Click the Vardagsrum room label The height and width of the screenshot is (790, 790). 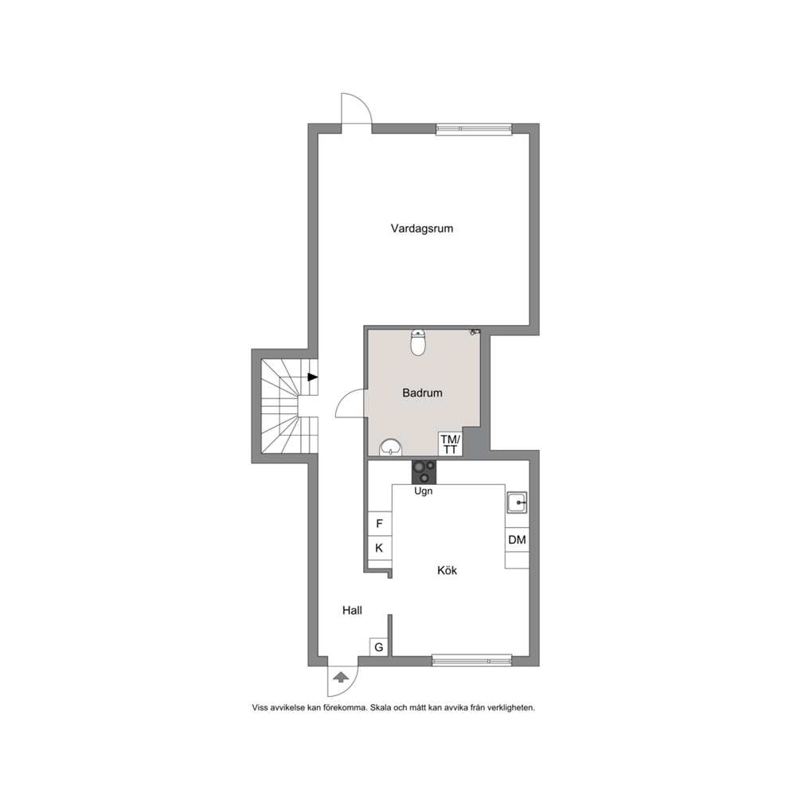point(422,229)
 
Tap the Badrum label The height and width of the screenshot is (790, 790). point(422,393)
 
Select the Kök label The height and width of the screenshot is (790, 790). point(447,570)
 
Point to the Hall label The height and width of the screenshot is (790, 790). point(352,611)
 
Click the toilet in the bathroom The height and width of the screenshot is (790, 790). point(418,342)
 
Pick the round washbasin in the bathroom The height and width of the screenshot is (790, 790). point(391,448)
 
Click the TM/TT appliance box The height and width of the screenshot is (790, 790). point(450,444)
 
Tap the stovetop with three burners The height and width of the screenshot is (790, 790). point(424,472)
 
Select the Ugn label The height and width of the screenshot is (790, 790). point(423,491)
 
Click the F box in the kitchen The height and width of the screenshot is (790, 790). point(379,524)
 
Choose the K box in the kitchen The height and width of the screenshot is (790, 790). point(379,548)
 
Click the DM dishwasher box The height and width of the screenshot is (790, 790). point(517,540)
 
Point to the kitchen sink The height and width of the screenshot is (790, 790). point(517,503)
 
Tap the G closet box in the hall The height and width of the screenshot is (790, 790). point(379,647)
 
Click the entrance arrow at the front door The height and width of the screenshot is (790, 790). point(341,677)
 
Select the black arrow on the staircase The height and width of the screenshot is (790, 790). point(312,377)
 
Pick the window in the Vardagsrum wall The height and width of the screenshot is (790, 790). point(474,129)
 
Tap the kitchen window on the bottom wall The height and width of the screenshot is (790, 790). point(472,660)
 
